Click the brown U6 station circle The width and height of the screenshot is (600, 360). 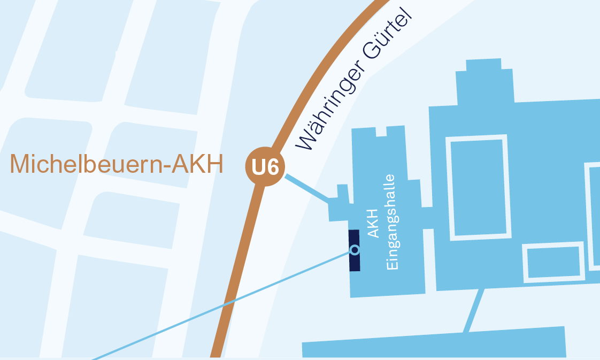point(265,167)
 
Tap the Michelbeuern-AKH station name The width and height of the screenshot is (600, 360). point(116,164)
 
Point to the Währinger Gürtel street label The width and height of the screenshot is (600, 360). point(356,79)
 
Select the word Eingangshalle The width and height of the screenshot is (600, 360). point(391,221)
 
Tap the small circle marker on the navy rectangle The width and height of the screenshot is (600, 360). point(355,249)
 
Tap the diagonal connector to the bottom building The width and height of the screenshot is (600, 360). point(474,310)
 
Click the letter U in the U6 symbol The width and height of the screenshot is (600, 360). point(258,167)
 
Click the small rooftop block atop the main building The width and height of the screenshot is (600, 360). point(484,65)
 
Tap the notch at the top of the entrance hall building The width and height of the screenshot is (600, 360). point(381,131)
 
